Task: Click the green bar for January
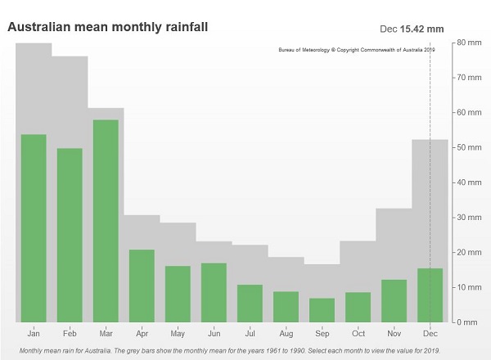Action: (34, 228)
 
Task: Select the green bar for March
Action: (106, 221)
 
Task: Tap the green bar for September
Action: (322, 310)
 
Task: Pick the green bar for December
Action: (430, 295)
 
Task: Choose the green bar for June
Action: (214, 292)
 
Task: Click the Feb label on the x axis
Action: (70, 334)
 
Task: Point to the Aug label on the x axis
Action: (286, 334)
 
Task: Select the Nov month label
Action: (394, 334)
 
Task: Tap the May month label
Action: (178, 334)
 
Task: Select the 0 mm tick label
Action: (467, 322)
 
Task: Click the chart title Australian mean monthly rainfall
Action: (107, 27)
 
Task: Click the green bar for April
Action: (142, 286)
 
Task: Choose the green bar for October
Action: (358, 307)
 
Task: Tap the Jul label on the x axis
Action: (250, 334)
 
